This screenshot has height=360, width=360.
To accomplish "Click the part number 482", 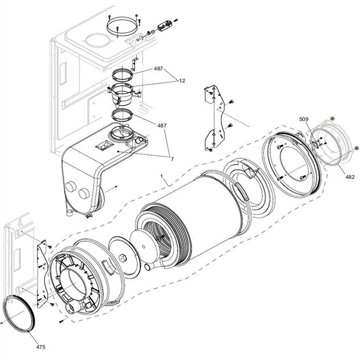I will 350,177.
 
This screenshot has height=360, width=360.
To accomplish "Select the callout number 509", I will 305,119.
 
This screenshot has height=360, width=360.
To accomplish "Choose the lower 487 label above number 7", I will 162,125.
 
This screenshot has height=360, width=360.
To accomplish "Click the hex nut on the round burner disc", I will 124,258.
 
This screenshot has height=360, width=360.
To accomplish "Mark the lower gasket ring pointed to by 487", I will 124,115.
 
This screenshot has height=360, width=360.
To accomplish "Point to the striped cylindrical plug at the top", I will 164,26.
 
